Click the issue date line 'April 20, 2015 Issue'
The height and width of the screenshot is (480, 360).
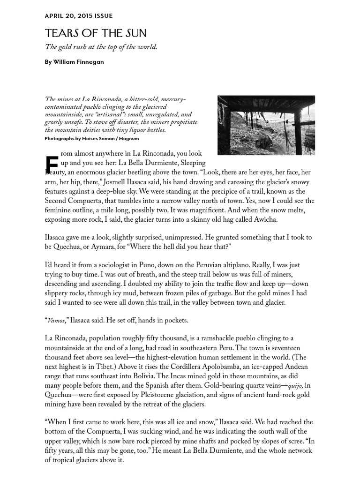point(79,16)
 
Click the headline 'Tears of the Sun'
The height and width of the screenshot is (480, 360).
point(96,33)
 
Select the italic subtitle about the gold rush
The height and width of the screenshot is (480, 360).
point(101,47)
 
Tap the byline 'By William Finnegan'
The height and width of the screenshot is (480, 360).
point(75,62)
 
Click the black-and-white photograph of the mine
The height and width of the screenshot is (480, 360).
point(266,125)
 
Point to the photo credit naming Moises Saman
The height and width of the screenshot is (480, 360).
point(91,139)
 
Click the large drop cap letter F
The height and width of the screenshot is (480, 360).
point(52,164)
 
